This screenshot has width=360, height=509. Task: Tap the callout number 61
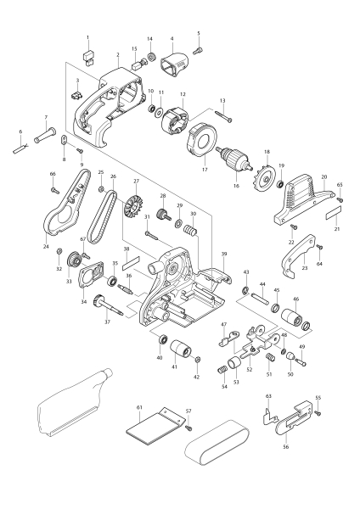139,408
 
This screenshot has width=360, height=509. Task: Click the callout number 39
223,254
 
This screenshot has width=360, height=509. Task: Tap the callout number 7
47,117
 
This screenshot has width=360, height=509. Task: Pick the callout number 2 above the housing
119,53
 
